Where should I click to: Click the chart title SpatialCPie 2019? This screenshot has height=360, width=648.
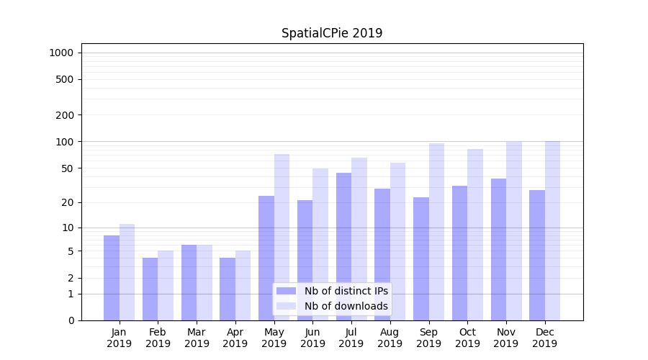[x=332, y=33]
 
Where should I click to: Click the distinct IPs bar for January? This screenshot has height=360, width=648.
[x=112, y=278]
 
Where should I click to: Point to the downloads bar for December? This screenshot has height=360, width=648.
[x=552, y=230]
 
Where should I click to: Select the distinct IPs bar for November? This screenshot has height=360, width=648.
[x=498, y=249]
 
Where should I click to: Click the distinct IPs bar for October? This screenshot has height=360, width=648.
[x=459, y=253]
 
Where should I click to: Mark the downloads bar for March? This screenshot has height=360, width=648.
[x=204, y=282]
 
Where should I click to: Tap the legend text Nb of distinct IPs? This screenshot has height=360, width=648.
[x=346, y=291]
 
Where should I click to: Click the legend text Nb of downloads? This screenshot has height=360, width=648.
[x=346, y=306]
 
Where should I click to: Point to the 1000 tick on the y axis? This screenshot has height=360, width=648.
[x=61, y=53]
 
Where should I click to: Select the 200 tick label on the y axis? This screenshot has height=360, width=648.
[x=66, y=115]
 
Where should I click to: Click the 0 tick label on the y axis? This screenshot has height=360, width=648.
[x=71, y=320]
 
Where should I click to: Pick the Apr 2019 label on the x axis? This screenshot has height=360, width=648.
[x=235, y=338]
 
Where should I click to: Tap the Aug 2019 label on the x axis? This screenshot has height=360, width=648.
[x=390, y=338]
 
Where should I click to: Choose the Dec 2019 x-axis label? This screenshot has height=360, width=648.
[x=544, y=338]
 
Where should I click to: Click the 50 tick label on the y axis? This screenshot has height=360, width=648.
[x=68, y=168]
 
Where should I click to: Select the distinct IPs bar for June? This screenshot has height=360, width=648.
[x=305, y=260]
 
